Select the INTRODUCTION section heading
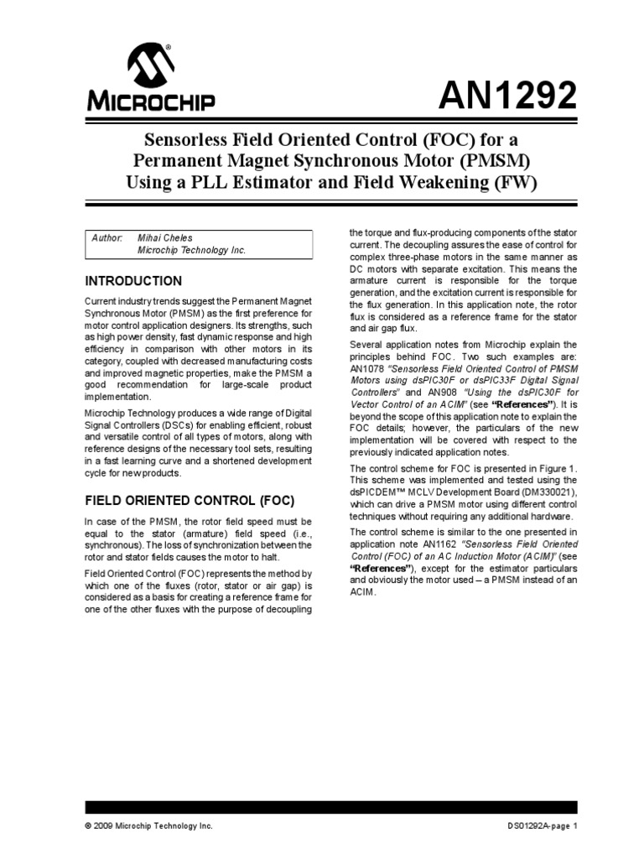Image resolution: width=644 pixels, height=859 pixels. [133, 281]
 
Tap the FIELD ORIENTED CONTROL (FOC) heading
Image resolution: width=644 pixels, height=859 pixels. [190, 501]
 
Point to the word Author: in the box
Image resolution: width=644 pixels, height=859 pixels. [106, 238]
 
